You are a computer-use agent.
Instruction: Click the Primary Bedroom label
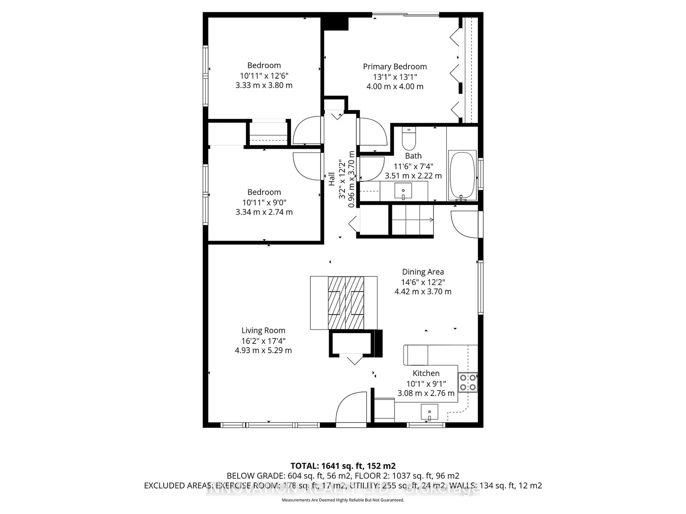tap(395, 67)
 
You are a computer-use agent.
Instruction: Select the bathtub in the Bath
tap(462, 175)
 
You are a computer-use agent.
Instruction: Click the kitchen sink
tap(429, 412)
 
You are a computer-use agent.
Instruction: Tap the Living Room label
tap(263, 331)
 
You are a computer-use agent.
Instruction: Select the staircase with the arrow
tap(412, 220)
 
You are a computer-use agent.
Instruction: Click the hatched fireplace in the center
tap(346, 303)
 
